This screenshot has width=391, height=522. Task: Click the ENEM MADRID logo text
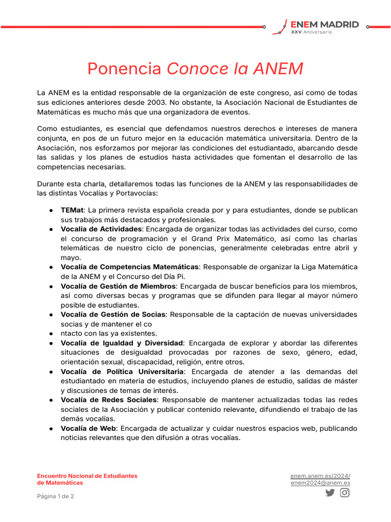(324, 24)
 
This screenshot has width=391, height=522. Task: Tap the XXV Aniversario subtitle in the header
(311, 32)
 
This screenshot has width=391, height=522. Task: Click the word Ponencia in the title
(124, 68)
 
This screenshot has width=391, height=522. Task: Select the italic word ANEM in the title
(278, 68)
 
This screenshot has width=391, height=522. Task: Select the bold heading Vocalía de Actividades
(101, 229)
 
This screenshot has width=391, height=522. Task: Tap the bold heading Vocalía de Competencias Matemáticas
(129, 267)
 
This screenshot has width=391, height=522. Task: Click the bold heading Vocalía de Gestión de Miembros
(118, 286)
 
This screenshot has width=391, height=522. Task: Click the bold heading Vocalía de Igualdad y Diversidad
(122, 343)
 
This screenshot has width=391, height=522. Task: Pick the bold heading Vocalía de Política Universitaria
(122, 372)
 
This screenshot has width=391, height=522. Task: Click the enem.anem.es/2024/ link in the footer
(320, 476)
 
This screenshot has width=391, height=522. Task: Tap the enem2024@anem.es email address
(320, 483)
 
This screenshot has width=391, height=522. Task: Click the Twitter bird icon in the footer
(330, 492)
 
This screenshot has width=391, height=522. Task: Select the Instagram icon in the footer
(345, 492)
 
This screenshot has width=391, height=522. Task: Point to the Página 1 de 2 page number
(55, 496)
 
